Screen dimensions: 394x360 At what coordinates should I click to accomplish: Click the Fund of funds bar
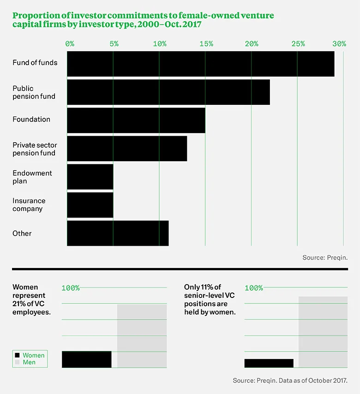click(201, 64)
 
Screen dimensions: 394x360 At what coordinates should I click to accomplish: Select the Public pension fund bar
click(168, 92)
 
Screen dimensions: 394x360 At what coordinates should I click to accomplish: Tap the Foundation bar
click(136, 121)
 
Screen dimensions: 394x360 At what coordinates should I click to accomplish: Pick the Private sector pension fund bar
click(127, 149)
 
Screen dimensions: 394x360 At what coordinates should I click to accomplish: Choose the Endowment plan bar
click(90, 177)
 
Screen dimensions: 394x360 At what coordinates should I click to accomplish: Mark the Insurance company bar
click(90, 205)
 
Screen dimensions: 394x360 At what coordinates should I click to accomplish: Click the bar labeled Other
click(118, 233)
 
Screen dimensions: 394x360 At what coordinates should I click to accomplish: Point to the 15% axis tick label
click(206, 44)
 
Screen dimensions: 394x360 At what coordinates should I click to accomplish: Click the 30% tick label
click(339, 44)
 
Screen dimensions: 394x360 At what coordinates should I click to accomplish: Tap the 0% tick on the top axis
click(70, 44)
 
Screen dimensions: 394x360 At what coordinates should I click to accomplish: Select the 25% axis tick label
click(298, 44)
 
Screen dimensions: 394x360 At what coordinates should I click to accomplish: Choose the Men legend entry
click(29, 363)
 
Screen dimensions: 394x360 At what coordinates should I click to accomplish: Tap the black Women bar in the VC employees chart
click(87, 359)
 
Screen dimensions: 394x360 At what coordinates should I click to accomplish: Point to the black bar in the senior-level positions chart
click(269, 363)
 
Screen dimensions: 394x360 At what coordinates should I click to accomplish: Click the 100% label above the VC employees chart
click(71, 288)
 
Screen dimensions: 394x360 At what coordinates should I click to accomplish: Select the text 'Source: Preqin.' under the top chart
click(325, 258)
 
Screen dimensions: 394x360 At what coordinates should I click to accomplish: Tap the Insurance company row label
click(29, 205)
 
